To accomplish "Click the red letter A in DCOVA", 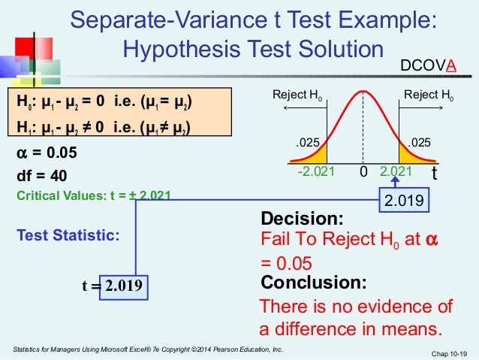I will [451, 65].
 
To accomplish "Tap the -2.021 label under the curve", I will [315, 172].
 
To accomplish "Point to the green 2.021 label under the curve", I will [397, 172].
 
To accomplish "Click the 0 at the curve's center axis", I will [363, 172].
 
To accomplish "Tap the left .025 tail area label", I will [307, 141].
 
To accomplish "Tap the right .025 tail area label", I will [419, 141].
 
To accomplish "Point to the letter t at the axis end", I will [434, 173].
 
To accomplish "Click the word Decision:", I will [301, 219].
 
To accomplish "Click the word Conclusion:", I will [313, 283].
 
